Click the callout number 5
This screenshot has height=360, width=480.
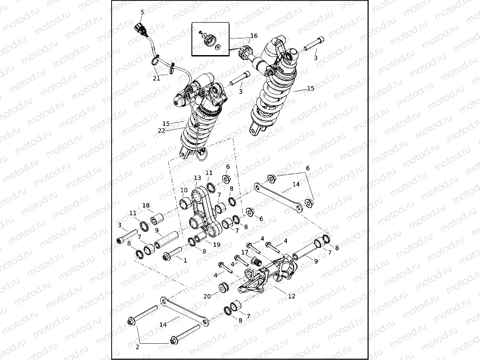point(142,12)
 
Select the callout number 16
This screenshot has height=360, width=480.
point(253,36)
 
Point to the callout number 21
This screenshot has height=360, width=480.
point(156,78)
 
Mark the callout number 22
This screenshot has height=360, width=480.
point(161,130)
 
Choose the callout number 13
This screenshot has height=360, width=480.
point(197,178)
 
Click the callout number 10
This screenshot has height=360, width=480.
point(183,190)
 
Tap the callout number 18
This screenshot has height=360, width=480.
point(146,205)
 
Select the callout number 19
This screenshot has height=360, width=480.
point(216,244)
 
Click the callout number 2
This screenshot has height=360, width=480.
point(137,347)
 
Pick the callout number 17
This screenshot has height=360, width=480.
point(244,252)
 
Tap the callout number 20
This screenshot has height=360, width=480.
point(207,296)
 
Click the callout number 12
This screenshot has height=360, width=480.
point(292,297)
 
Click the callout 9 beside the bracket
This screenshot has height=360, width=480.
point(316,261)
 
